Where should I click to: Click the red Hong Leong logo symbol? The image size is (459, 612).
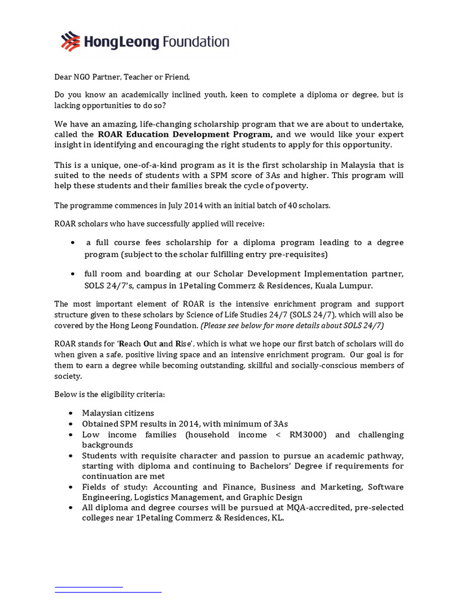click(71, 41)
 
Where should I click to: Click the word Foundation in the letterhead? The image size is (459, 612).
click(195, 41)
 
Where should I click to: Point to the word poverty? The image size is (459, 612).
click(289, 186)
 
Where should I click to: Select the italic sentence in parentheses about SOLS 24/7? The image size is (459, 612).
click(292, 325)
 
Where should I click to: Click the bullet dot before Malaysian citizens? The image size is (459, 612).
click(72, 414)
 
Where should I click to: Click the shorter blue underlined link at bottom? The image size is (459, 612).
click(89, 587)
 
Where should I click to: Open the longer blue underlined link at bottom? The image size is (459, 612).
click(108, 592)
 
